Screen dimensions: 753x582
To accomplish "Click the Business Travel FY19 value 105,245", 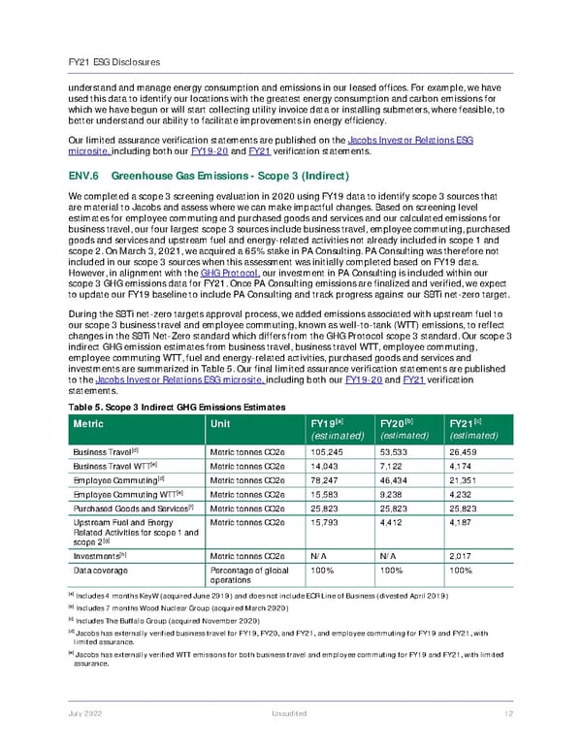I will click(319, 451).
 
